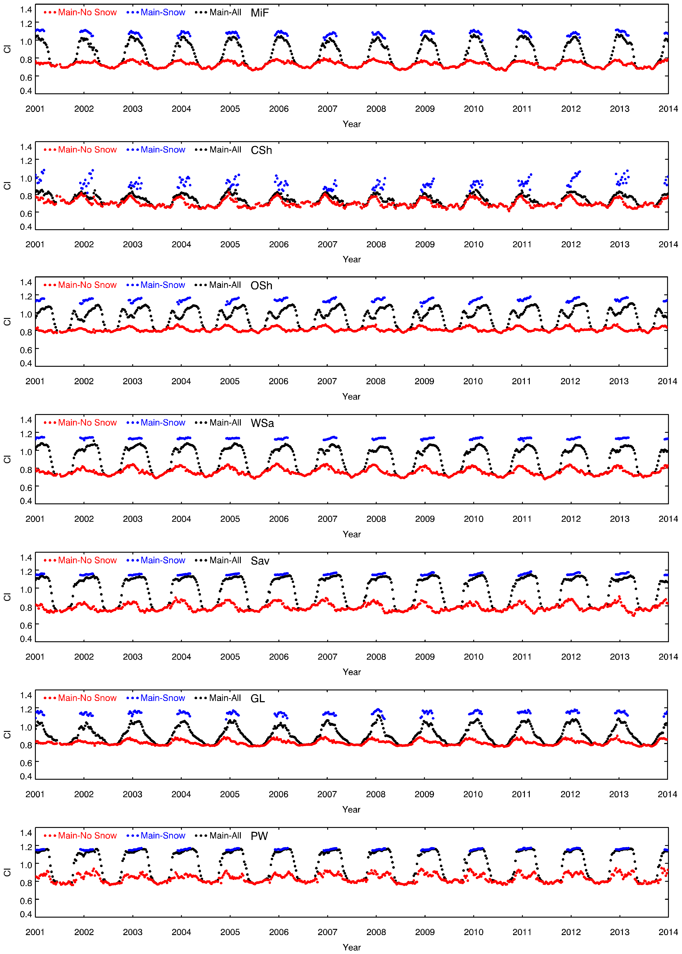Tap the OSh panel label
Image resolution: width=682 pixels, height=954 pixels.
pos(261,286)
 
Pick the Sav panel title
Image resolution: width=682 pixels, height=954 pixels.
pos(260,561)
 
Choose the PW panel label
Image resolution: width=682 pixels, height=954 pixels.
pos(259,836)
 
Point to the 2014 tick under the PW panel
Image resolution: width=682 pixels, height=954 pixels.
pos(668,932)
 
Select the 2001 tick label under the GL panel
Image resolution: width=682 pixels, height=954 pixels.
pos(35,794)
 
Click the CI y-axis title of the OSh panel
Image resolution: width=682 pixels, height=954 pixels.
pos(7,322)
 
